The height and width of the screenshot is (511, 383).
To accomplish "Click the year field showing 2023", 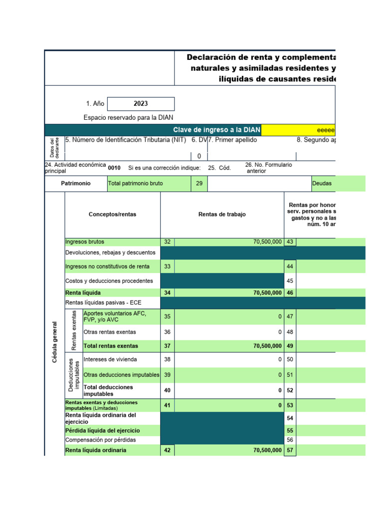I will [141, 104].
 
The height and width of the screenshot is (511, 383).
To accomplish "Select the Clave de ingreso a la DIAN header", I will [216, 130].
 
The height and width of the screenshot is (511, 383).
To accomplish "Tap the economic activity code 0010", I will [114, 168].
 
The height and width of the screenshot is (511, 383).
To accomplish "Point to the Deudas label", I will [322, 184].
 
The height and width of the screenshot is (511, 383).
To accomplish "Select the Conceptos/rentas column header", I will [112, 215].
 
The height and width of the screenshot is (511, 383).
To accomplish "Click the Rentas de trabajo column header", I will [222, 215].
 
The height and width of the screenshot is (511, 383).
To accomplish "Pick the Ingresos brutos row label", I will [85, 242].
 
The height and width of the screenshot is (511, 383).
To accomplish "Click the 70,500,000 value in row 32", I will [267, 242].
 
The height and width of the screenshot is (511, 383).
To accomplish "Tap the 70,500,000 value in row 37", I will [267, 346].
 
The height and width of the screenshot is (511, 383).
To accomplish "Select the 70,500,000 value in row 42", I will [267, 450].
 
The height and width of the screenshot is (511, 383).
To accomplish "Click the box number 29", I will [199, 184].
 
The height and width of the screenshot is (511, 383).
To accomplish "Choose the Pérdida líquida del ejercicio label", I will [103, 430].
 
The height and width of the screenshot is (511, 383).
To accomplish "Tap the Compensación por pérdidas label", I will [100, 440].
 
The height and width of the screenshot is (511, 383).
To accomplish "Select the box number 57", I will [290, 450].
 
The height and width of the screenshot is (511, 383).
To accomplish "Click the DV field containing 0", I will [199, 156].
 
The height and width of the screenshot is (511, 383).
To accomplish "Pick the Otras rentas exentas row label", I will [110, 332].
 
